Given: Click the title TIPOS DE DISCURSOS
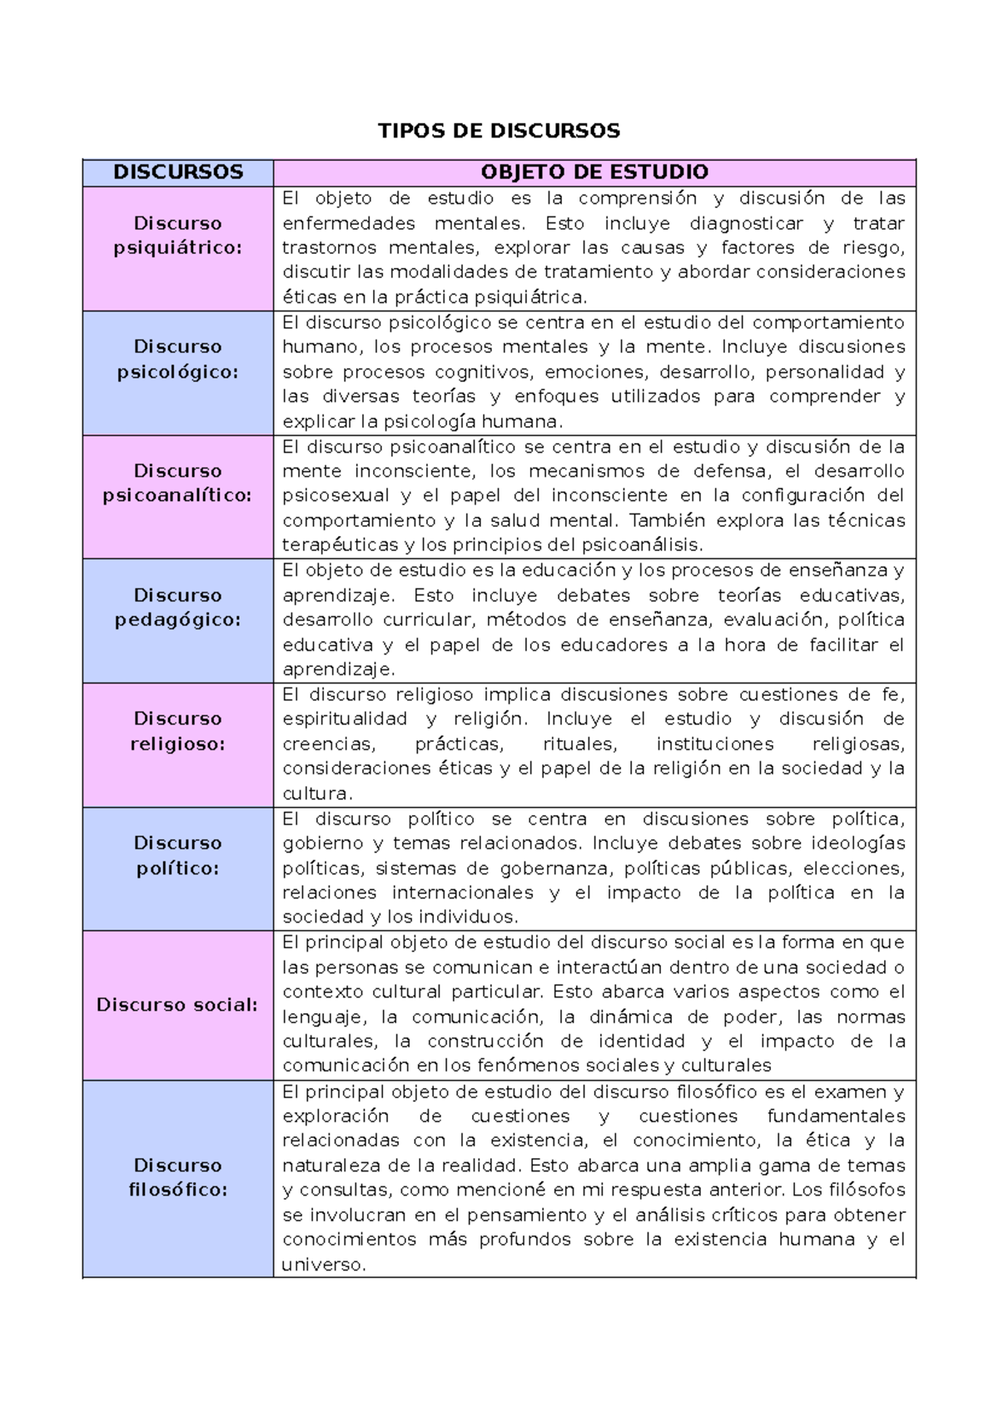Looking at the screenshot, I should pos(499,131).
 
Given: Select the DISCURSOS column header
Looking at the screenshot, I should pos(178,172).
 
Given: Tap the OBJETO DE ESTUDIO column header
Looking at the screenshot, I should pos(594,172).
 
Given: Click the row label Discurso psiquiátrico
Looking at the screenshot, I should pos(178,236).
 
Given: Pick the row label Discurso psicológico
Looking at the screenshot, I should pos(178,360).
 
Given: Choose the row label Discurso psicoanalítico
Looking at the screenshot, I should pos(178,484).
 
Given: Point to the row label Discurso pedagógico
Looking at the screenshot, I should pos(178,608).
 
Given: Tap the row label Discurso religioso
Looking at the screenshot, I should pos(178,731).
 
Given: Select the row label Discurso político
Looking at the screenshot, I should pos(178,855).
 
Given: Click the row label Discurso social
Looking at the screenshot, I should pos(178,1005).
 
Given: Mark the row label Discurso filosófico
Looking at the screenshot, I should pos(178,1177).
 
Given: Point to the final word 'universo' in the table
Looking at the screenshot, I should pos(323,1265).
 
